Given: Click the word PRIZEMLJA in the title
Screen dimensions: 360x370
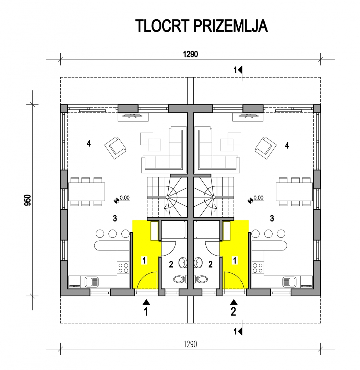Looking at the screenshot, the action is click(x=230, y=26).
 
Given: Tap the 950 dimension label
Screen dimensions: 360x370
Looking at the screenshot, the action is click(x=28, y=200).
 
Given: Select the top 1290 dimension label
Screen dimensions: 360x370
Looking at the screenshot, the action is click(x=190, y=54).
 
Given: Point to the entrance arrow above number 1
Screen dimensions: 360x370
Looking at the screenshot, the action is click(x=146, y=302).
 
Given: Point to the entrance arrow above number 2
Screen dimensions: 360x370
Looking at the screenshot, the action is click(x=234, y=302).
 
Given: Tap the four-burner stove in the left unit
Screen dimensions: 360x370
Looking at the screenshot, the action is click(x=123, y=268).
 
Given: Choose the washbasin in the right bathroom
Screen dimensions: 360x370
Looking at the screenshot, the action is click(x=199, y=263).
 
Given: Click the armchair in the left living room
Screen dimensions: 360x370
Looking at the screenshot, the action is click(x=115, y=148).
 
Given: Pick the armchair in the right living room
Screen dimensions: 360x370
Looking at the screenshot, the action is click(x=266, y=148).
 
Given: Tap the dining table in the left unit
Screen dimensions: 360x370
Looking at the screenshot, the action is click(x=86, y=192).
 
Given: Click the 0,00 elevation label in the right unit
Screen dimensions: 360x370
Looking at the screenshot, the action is click(x=259, y=198).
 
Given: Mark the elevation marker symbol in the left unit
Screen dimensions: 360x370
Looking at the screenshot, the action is click(x=117, y=201).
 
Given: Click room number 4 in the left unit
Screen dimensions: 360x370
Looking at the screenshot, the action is click(x=88, y=143).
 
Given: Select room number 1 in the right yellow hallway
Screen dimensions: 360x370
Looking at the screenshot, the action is click(x=235, y=260).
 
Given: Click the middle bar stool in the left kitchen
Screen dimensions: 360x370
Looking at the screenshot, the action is click(x=113, y=234).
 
